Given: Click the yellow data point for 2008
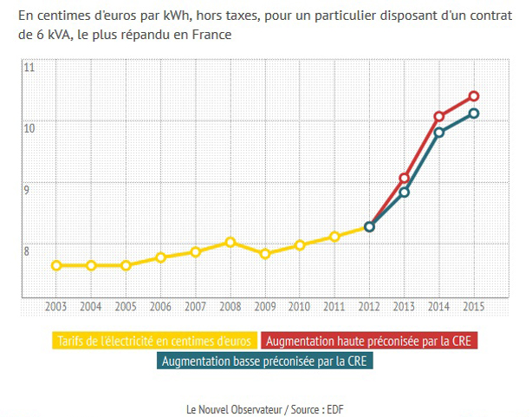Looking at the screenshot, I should click(x=230, y=243).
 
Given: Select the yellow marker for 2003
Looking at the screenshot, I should click(x=56, y=265).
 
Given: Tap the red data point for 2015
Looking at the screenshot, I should click(x=474, y=96).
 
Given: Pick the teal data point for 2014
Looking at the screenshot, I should click(x=439, y=133).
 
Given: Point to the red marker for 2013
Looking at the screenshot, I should click(x=404, y=178).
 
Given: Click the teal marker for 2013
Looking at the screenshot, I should click(x=404, y=192).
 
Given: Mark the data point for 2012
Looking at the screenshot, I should click(x=369, y=227).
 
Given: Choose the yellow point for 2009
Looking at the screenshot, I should click(x=265, y=254).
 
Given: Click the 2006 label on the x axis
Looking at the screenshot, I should click(x=160, y=307).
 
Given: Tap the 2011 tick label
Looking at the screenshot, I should click(x=334, y=307).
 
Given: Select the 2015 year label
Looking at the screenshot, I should click(x=473, y=307).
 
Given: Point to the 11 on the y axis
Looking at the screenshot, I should click(x=29, y=68).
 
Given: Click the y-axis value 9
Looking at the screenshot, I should click(x=29, y=190).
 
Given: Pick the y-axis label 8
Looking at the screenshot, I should click(x=29, y=251).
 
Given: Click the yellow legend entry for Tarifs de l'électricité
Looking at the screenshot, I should click(x=153, y=341).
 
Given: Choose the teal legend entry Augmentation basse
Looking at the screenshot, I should click(x=266, y=361).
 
